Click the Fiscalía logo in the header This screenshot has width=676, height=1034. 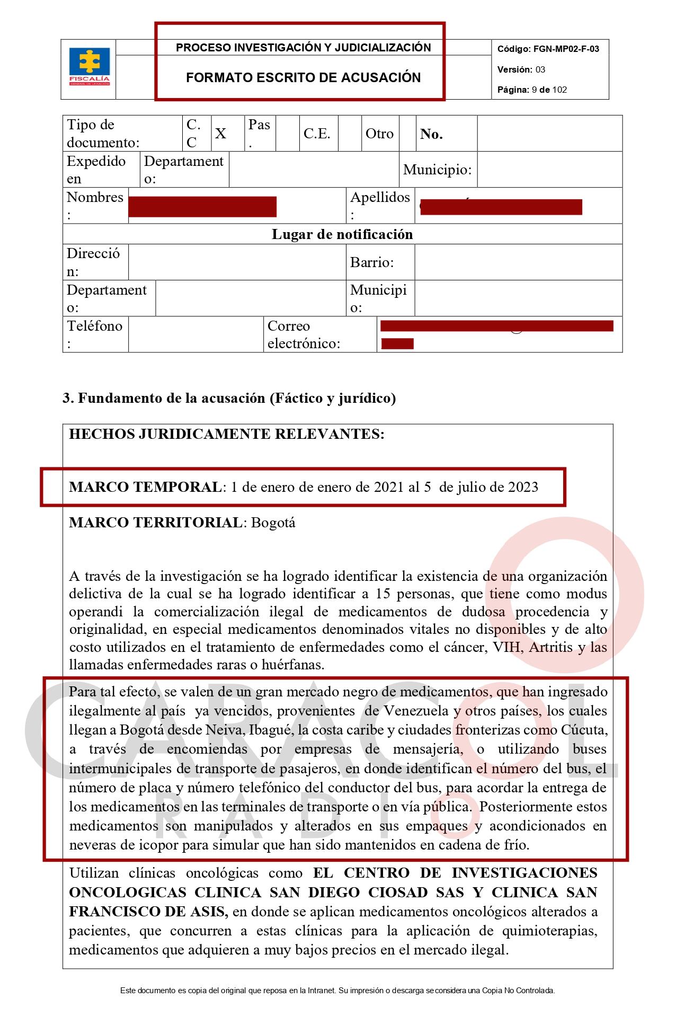(x=89, y=67)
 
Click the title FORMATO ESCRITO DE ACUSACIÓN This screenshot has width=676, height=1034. (x=303, y=78)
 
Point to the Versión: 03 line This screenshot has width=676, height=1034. (x=521, y=69)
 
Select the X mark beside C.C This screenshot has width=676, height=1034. (x=220, y=134)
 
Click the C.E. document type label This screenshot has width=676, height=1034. (x=317, y=134)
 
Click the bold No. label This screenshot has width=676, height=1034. (x=431, y=134)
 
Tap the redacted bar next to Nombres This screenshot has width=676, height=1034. (x=202, y=207)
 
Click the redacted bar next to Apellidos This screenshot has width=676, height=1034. (x=501, y=207)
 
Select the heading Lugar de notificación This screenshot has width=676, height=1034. (x=342, y=234)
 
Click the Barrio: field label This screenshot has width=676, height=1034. (x=372, y=262)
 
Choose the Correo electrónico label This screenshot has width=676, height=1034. (x=304, y=334)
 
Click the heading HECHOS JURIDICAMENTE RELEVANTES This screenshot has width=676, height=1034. (x=227, y=434)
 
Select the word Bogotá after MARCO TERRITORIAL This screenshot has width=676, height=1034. (x=273, y=523)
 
